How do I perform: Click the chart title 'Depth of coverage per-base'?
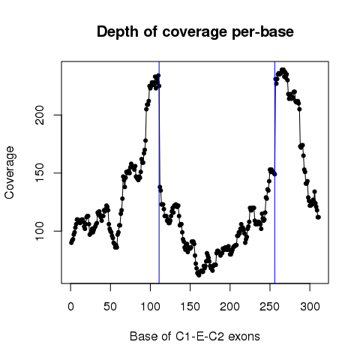tap(195, 32)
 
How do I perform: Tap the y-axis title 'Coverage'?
tap(9, 172)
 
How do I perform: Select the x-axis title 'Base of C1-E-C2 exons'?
tap(195, 336)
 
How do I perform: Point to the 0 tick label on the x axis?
tap(70, 306)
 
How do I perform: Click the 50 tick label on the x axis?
tap(110, 306)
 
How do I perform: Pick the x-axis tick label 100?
tap(150, 306)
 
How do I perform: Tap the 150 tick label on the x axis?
tap(190, 306)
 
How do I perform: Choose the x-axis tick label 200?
tap(229, 306)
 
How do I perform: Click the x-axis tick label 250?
tap(269, 306)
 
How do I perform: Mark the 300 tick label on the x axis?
tap(310, 306)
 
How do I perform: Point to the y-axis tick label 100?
tap(40, 231)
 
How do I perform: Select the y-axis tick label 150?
tap(40, 173)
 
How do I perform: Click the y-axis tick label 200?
tap(40, 115)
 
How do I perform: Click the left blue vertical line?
tap(159, 172)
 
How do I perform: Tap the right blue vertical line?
tap(274, 172)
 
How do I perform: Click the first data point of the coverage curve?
tap(71, 242)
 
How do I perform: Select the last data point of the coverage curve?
tap(318, 217)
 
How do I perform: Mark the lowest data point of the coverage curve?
tap(199, 275)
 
